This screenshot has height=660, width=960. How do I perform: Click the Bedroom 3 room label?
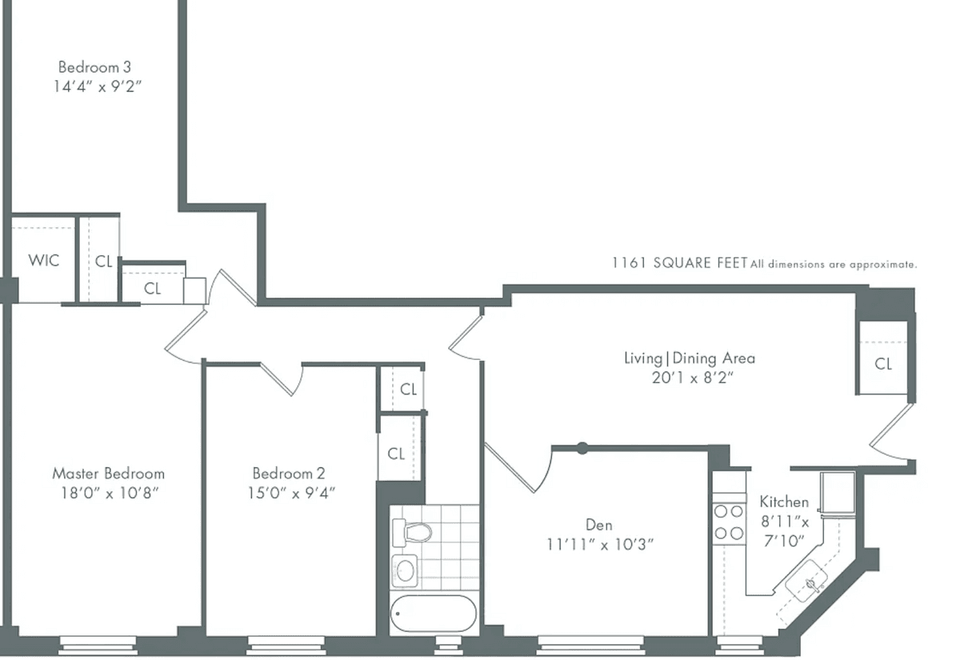tap(94, 67)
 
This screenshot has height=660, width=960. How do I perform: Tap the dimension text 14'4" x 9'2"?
tap(97, 87)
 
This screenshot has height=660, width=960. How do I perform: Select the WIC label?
tap(44, 260)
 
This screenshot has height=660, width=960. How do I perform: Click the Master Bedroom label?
tap(109, 474)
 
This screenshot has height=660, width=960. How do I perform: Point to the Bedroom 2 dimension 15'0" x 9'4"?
tap(291, 494)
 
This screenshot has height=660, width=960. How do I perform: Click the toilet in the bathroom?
tap(412, 533)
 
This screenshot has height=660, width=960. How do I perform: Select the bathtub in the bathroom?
tap(434, 614)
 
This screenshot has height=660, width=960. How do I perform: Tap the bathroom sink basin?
tap(405, 571)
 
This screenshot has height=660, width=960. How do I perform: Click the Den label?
tap(598, 525)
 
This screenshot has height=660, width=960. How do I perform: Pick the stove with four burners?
tap(729, 523)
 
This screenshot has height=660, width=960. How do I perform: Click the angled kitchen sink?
tap(806, 581)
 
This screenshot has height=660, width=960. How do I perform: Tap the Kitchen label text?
tap(784, 502)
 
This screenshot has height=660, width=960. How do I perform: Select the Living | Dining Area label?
tap(689, 358)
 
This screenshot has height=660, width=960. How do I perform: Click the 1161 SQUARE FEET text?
tap(680, 262)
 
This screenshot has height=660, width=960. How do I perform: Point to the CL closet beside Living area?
tap(883, 364)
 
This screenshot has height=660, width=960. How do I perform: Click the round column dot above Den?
tap(582, 448)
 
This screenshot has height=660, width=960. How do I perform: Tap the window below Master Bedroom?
tap(98, 646)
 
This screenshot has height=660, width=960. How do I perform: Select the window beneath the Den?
tap(590, 646)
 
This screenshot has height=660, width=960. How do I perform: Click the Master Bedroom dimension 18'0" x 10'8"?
tap(110, 494)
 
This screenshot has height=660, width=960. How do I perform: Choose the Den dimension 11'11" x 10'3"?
tap(600, 545)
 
